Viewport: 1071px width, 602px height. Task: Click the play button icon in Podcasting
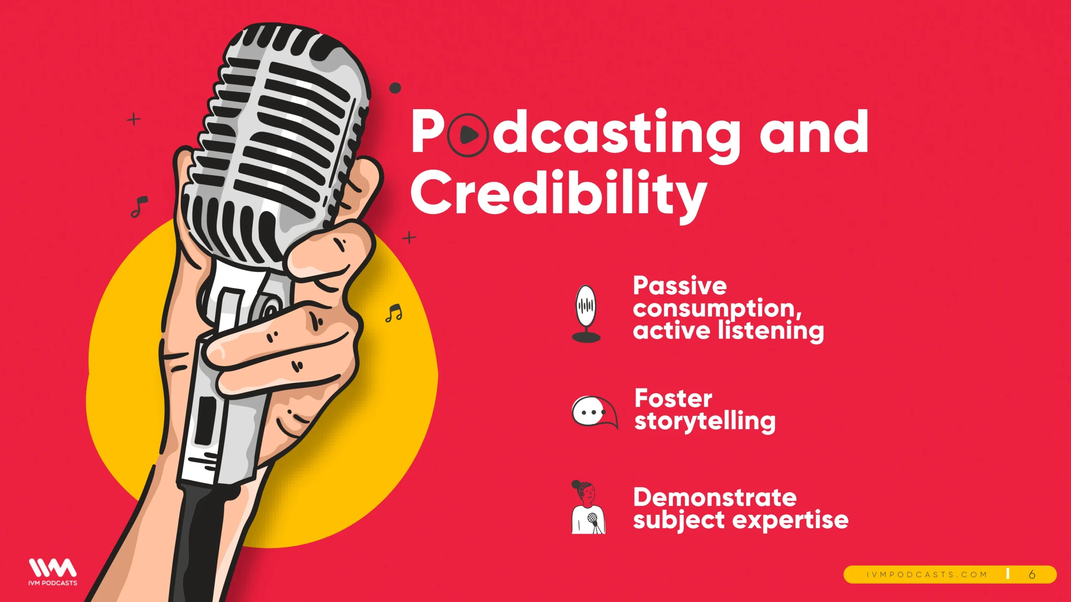coord(468,135)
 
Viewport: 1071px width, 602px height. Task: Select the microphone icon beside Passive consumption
coord(586,314)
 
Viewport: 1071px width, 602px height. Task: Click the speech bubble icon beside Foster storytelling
coord(594,412)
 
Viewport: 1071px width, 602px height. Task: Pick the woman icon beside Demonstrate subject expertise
coord(588,507)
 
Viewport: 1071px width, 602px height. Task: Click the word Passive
coord(680,286)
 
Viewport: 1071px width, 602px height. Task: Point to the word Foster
coord(673,398)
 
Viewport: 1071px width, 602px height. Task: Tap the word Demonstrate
coord(715,497)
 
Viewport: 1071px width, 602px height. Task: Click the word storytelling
coord(705,422)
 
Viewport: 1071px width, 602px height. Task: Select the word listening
coord(771,332)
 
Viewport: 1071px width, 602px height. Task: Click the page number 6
coord(1032,574)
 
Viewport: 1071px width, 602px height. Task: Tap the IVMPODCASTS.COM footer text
coord(927,575)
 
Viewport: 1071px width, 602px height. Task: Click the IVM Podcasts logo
coord(53,571)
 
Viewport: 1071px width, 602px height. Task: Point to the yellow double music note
coord(394,313)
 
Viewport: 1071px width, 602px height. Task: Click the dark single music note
coord(139,207)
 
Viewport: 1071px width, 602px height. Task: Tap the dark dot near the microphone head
coord(395,88)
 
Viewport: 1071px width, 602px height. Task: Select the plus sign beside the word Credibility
coord(409,237)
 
